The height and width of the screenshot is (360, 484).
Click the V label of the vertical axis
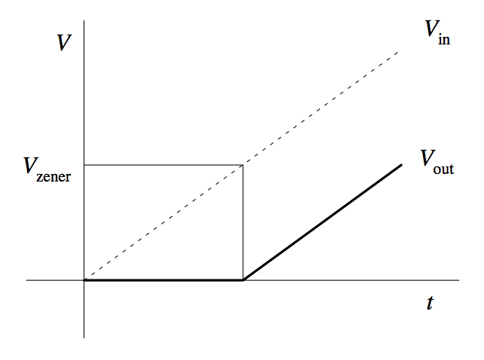coord(64,43)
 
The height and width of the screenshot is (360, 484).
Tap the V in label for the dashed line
coord(437,32)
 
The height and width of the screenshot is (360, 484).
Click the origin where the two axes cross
coord(84,280)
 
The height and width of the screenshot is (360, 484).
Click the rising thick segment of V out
coord(322,222)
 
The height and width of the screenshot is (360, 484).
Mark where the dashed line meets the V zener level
coord(242,164)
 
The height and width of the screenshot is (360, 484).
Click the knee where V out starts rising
coord(242,280)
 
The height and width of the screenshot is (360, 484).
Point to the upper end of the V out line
coord(402,164)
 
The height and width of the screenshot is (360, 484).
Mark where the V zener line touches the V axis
coord(84,164)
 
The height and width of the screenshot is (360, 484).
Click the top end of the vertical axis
coord(84,23)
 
